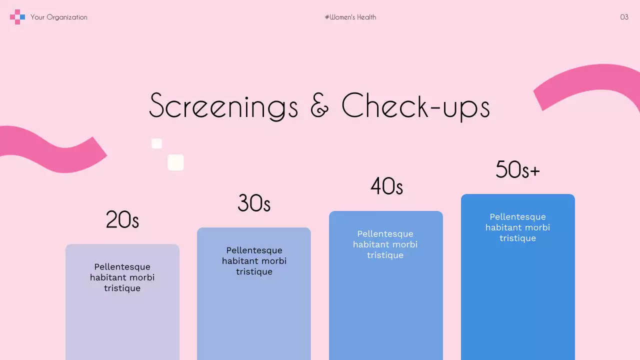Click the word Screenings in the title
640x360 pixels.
(223, 106)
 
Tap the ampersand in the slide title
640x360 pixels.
(320, 106)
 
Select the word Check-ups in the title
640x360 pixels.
(415, 106)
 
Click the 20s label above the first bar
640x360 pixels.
(122, 219)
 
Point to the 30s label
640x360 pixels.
(254, 203)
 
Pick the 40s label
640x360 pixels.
(386, 186)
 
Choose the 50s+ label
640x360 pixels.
(517, 169)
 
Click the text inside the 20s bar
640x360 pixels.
(122, 277)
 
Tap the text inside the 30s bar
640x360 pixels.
(254, 261)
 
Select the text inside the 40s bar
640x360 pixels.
(385, 244)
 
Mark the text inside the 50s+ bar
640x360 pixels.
(517, 227)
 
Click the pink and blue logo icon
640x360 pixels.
(17, 17)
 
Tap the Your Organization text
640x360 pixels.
(59, 17)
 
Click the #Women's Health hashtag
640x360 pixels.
(350, 17)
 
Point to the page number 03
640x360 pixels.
(624, 17)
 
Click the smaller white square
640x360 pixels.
(156, 144)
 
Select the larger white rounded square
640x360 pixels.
(175, 162)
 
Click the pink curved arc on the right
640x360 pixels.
(585, 82)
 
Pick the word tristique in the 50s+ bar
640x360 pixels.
(517, 238)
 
